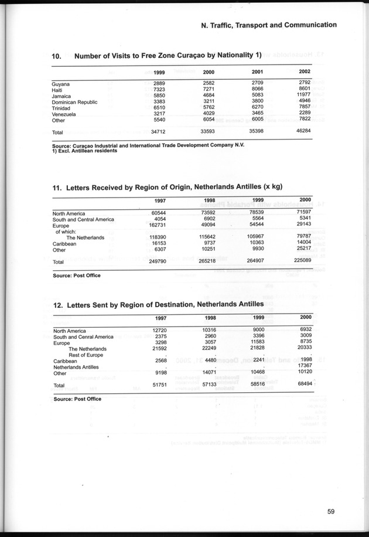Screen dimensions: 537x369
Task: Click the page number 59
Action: (331, 511)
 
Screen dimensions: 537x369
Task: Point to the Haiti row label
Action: (59, 90)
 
